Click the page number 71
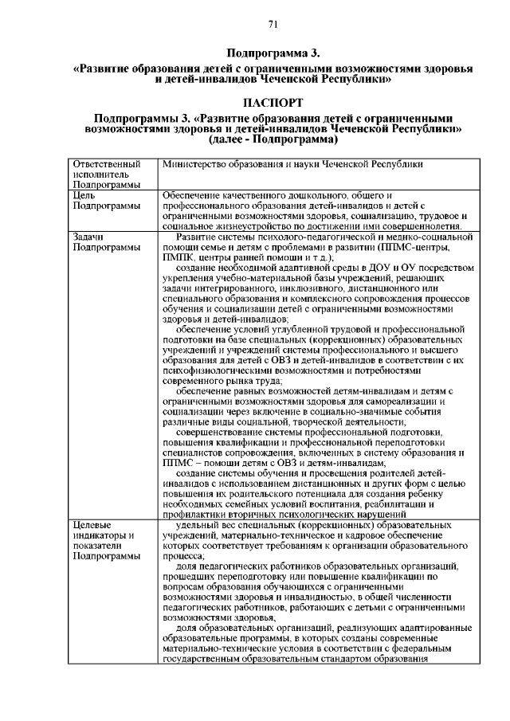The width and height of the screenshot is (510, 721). pyautogui.click(x=272, y=24)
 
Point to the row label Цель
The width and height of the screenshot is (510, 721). pyautogui.click(x=84, y=195)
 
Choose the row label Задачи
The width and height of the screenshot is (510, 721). pyautogui.click(x=89, y=237)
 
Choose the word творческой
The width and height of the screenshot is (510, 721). pyautogui.click(x=301, y=422)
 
